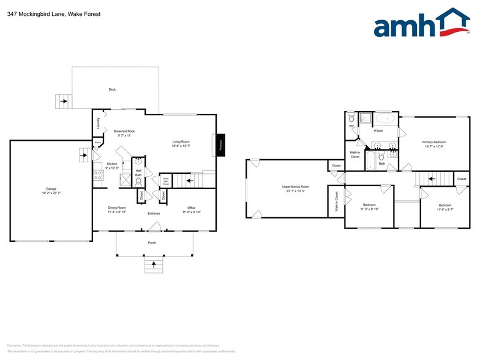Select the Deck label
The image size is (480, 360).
coord(112,89)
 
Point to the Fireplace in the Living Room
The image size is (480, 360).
coord(220,144)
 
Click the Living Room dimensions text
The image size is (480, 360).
coord(181,146)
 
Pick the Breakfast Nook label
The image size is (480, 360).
coord(124,131)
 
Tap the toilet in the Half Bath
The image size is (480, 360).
coord(138,181)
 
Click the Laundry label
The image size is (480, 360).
coord(98,123)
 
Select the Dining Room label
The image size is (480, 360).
coord(117,208)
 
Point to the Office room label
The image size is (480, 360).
coord(190,208)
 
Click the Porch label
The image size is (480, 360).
coord(152,243)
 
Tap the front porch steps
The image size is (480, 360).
coord(152,266)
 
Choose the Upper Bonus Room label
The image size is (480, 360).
coord(295,186)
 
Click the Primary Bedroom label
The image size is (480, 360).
coord(434,142)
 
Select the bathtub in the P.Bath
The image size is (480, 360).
coord(384,118)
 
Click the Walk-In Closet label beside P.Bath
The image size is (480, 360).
coord(355,154)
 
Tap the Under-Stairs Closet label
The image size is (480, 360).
coord(165,182)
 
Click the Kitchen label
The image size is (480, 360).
coord(112,164)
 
